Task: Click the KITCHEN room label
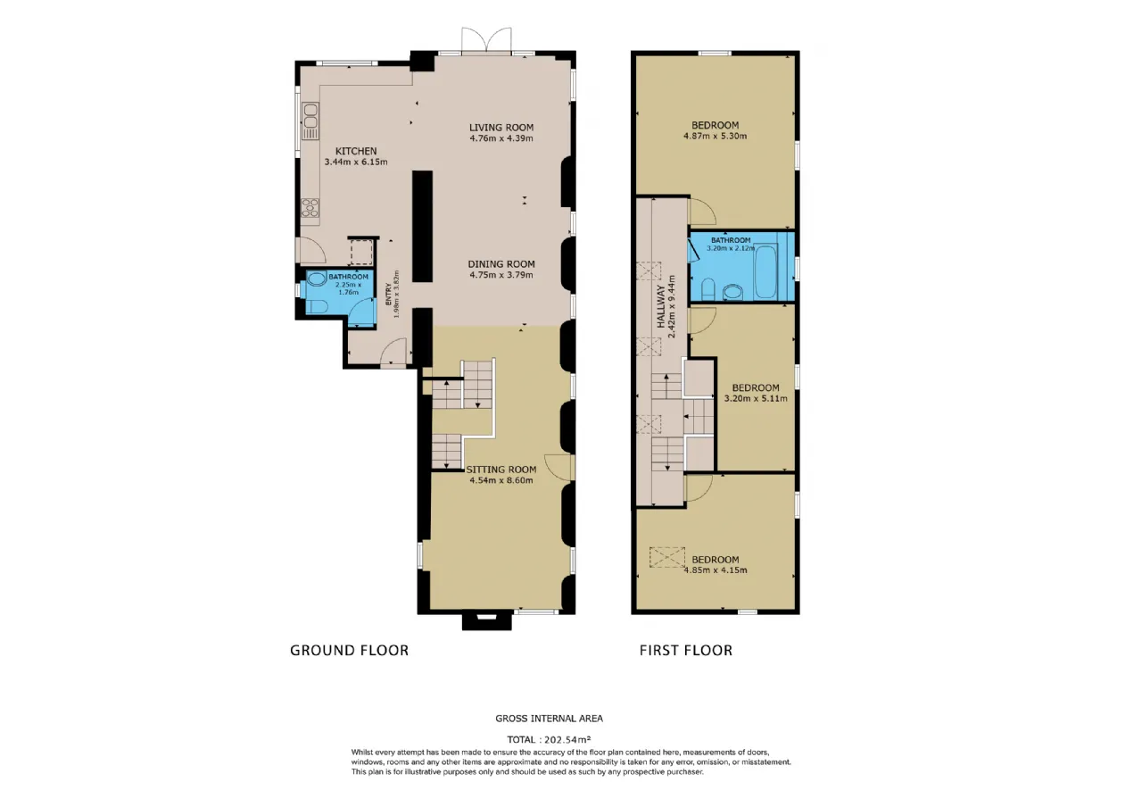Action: [x=356, y=151]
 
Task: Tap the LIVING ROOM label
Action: [x=501, y=128]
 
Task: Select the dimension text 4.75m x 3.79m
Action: [x=501, y=275]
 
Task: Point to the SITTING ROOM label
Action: [x=501, y=470]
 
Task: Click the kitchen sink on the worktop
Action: [x=310, y=121]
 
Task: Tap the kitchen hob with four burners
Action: [x=310, y=208]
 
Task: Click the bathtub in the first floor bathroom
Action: [x=765, y=271]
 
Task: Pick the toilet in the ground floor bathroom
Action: [x=316, y=306]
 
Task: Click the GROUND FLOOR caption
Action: [x=349, y=651]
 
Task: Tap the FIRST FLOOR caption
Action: [x=686, y=651]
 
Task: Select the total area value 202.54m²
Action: [x=567, y=739]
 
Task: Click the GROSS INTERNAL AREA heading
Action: [x=549, y=719]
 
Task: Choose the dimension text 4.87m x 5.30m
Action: [x=715, y=137]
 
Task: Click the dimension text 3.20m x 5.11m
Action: [x=756, y=398]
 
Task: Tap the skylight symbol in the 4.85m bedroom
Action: [x=666, y=557]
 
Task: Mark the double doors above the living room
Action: [x=486, y=40]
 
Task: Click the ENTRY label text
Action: [x=388, y=295]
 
